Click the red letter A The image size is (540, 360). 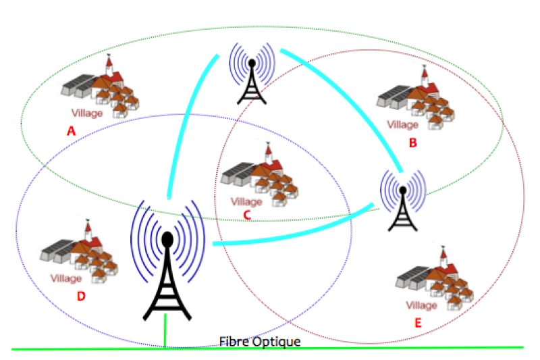pos(71,132)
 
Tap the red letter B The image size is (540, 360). pos(413,143)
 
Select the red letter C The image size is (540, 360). pos(247,215)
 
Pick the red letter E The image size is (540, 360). pos(418,324)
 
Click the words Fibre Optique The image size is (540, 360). pos(260,342)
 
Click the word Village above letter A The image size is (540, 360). pos(86,113)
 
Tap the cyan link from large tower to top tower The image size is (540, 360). pos(186,128)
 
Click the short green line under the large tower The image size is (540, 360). pos(165,334)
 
